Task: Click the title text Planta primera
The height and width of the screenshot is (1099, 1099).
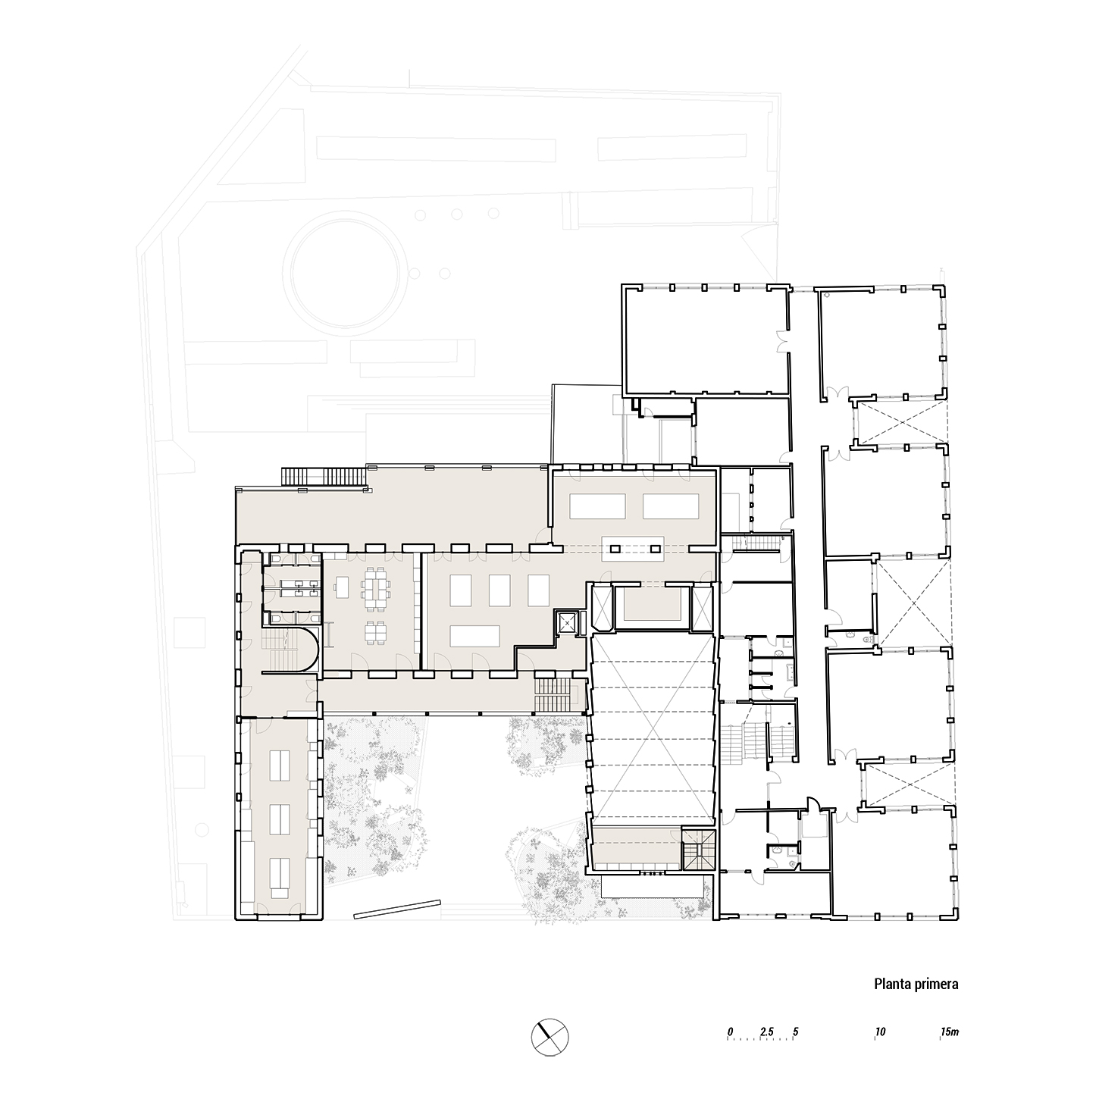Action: click(x=916, y=984)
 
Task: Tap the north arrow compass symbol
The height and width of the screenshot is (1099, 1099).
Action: click(x=549, y=1037)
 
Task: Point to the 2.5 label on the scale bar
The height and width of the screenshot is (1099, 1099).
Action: click(x=766, y=1032)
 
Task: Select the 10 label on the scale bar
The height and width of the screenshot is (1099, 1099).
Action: click(x=880, y=1032)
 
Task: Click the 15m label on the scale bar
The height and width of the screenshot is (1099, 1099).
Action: click(x=950, y=1032)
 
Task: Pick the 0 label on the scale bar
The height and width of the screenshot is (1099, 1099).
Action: click(x=730, y=1032)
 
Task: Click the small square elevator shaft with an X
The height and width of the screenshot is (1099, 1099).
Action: click(x=568, y=623)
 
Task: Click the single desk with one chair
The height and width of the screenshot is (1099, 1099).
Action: click(x=342, y=587)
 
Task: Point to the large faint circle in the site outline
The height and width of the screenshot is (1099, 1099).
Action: click(x=346, y=271)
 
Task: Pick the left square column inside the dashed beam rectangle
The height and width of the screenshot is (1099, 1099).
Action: click(x=615, y=549)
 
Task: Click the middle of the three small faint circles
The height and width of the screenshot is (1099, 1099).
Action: click(x=457, y=214)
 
